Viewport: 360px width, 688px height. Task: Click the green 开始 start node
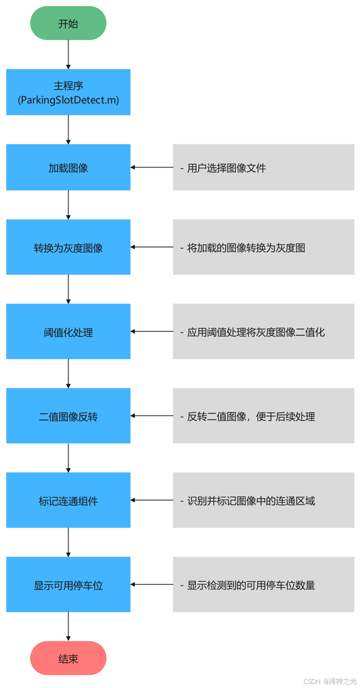coord(68,24)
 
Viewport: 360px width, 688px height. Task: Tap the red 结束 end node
coord(68,659)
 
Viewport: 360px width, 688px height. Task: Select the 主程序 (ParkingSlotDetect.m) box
coord(68,93)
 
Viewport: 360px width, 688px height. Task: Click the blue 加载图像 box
coord(68,167)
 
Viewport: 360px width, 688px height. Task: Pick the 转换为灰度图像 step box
coord(68,248)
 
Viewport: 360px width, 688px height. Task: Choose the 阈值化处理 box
coord(68,332)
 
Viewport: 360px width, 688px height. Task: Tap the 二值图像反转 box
coord(68,416)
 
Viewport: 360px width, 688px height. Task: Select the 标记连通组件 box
coord(68,501)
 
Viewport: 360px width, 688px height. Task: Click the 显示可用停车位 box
coord(68,585)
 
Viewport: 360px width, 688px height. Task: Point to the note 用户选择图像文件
coord(263,167)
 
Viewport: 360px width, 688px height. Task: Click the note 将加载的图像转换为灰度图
coord(263,248)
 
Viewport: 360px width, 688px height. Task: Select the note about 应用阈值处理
coord(263,332)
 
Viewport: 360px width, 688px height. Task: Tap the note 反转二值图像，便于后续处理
coord(263,416)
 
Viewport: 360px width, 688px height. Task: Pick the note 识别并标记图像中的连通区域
coord(263,501)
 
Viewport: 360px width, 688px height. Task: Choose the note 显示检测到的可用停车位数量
coord(263,585)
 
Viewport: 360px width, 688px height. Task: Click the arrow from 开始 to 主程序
coord(68,55)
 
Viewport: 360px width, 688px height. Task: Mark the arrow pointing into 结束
coord(68,627)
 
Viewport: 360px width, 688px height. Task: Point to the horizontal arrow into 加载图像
coord(152,167)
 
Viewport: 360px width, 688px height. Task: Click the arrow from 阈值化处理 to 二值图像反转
coord(68,373)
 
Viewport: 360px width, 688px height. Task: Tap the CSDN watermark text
coord(330,681)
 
